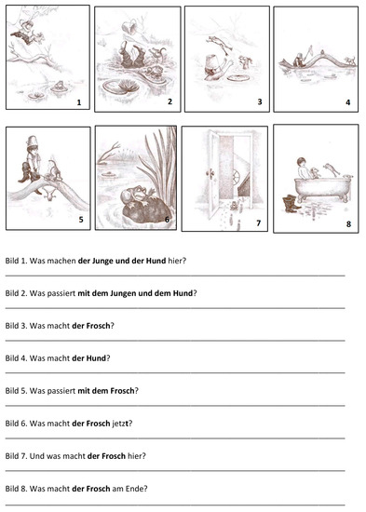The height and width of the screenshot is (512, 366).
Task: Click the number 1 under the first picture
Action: click(79, 103)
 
